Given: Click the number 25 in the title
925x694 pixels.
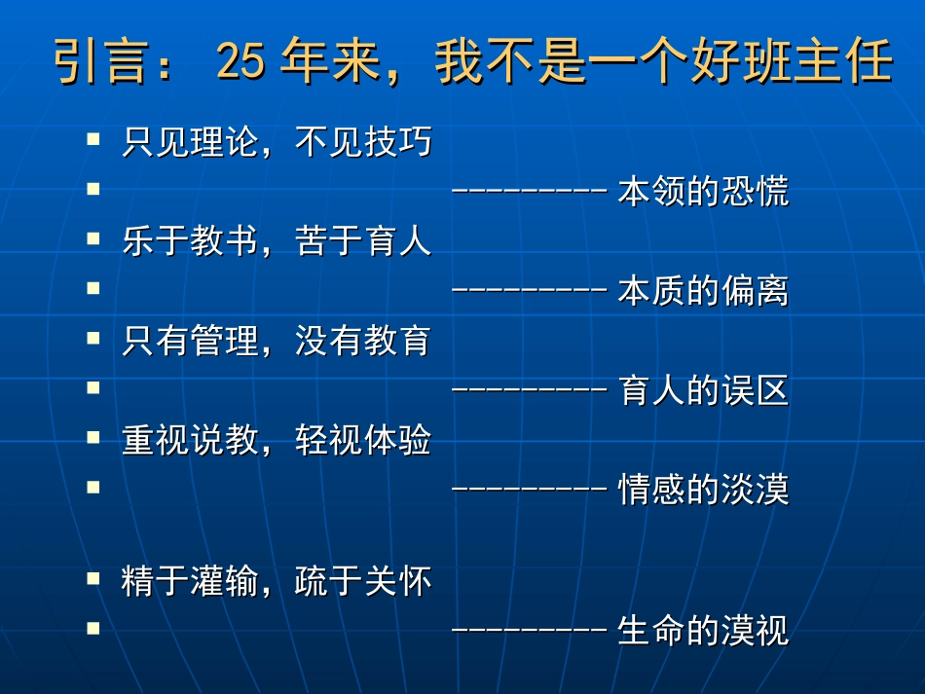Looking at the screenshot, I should (240, 63).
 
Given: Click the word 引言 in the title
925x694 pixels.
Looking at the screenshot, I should (88, 63).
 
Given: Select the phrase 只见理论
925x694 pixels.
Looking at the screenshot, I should (190, 143).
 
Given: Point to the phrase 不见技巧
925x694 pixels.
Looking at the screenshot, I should (363, 143).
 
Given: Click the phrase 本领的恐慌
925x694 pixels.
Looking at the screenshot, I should (703, 192).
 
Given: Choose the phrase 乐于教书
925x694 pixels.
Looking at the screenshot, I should (190, 241).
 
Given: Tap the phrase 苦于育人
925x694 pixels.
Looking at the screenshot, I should (363, 241).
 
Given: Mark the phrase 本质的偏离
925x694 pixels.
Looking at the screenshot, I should (703, 291).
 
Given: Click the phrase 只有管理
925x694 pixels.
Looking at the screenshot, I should (190, 341).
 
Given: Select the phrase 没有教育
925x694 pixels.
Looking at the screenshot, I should (363, 341).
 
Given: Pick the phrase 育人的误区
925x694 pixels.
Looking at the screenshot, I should (703, 390).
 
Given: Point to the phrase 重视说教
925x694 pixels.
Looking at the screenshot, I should (190, 440).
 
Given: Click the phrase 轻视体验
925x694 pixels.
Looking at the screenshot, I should (363, 440).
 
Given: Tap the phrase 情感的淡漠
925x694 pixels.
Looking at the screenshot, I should (703, 490).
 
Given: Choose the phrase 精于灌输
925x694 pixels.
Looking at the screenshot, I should (190, 581).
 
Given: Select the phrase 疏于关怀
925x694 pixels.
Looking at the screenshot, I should (363, 581).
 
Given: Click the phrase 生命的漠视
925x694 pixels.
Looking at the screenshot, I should (703, 632).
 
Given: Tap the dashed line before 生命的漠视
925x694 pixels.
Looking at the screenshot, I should (531, 632).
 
